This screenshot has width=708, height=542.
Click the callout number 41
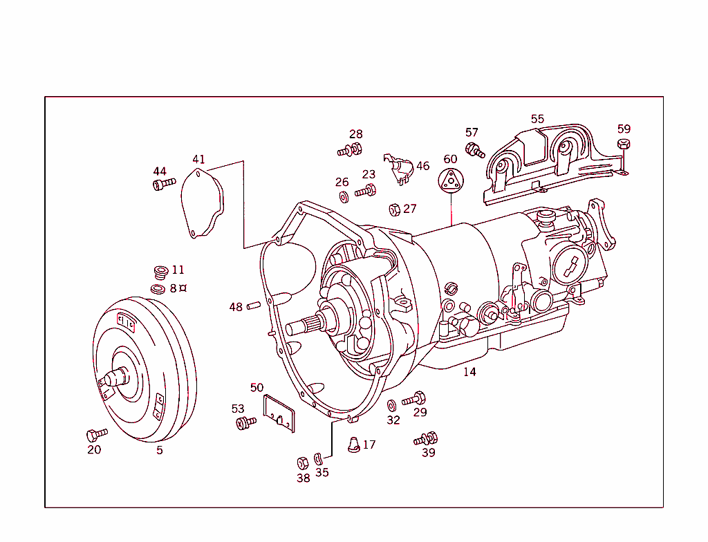(x=198, y=160)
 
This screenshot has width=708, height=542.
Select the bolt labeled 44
(x=162, y=184)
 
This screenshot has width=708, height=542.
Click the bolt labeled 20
(x=95, y=434)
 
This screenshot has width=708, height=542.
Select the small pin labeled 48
(x=252, y=305)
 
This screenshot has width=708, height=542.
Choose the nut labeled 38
(x=302, y=462)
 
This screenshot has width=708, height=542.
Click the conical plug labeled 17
(x=353, y=444)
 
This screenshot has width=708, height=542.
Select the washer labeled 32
(x=391, y=404)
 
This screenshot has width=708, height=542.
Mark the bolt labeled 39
(x=427, y=438)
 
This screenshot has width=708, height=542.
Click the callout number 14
(x=469, y=372)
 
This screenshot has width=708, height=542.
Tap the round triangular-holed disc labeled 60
(x=450, y=181)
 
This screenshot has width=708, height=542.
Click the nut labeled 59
(x=622, y=144)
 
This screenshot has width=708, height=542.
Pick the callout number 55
(x=537, y=119)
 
